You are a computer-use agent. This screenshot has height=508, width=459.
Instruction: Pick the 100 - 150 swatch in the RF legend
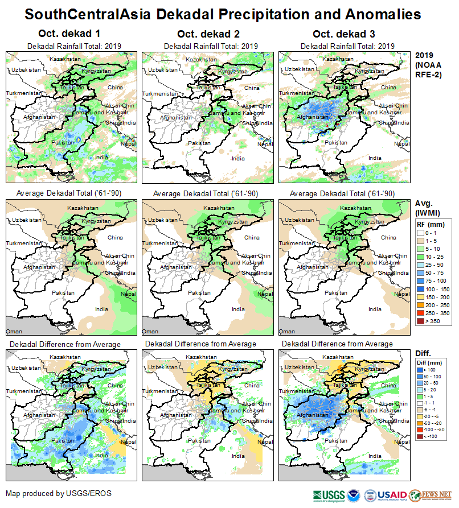[x=422, y=288]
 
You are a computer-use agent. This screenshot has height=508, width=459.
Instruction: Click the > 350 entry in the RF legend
[x=422, y=321]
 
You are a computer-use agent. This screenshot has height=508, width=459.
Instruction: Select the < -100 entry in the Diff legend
[x=422, y=436]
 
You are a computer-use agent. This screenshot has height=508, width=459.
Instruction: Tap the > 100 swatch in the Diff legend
[x=422, y=370]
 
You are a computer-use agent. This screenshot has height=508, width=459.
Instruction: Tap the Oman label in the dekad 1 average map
[x=14, y=331]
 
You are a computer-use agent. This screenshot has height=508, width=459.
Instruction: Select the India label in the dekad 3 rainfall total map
[x=374, y=158]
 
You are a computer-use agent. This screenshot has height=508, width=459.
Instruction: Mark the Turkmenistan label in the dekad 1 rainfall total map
[x=24, y=93]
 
